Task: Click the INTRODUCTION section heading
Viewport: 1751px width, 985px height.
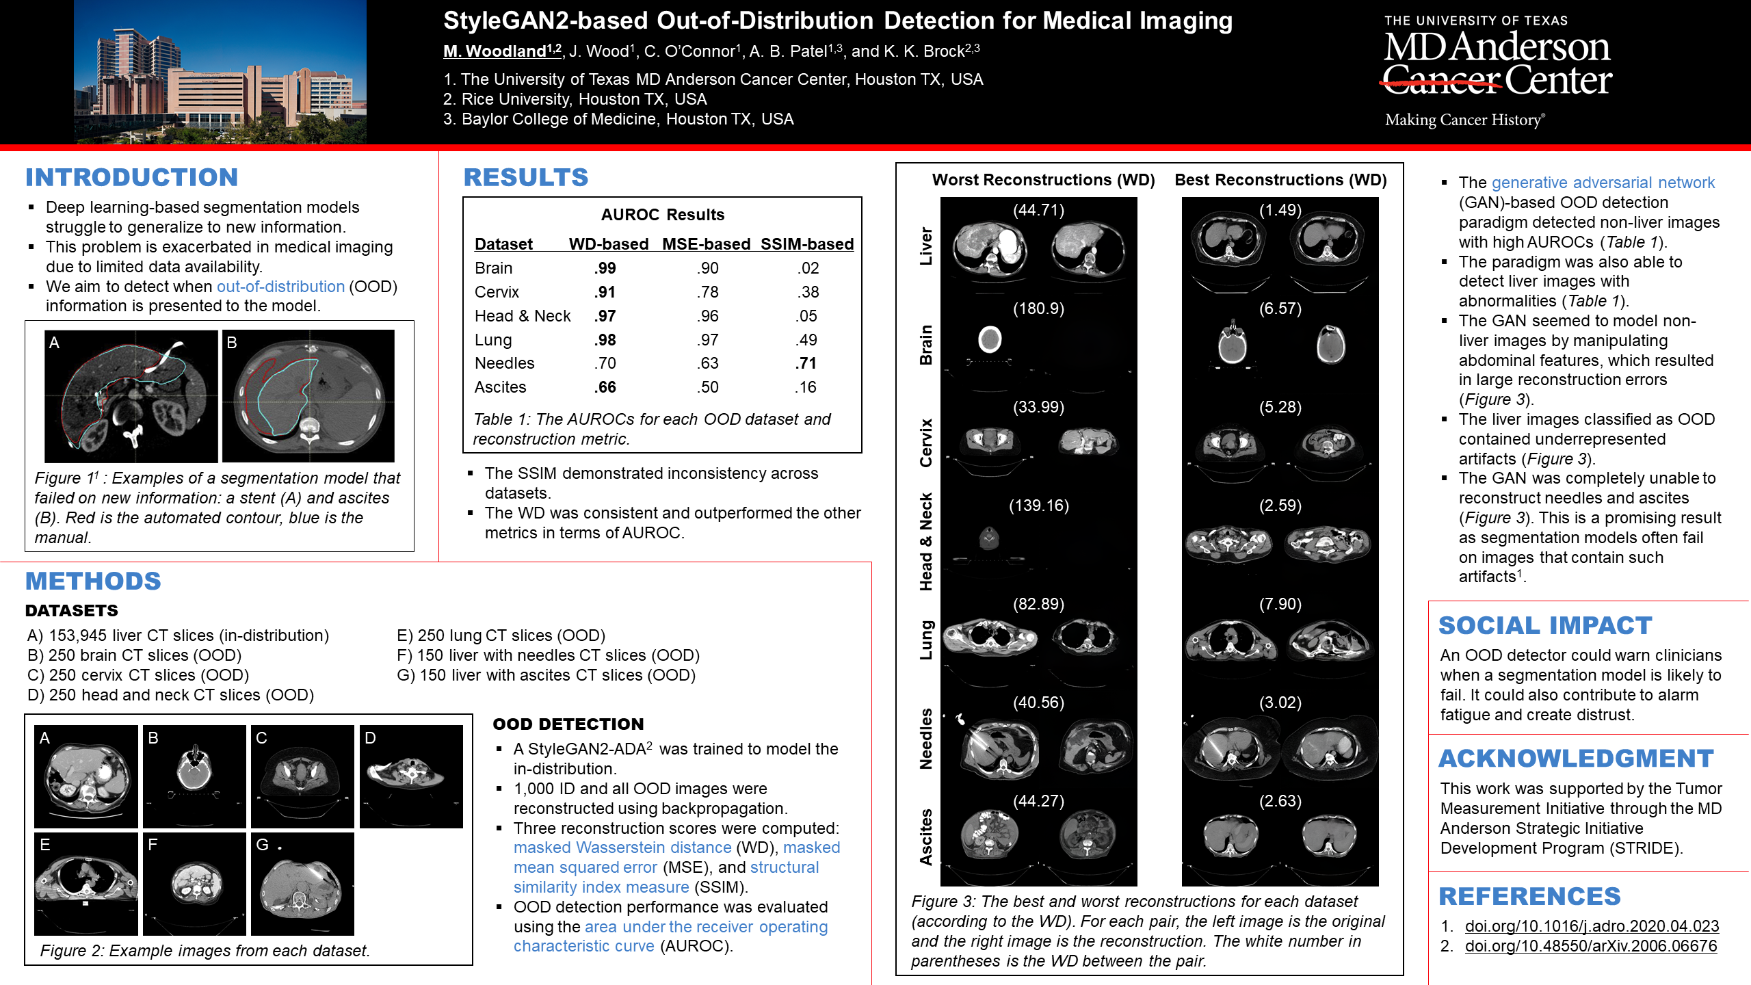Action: coord(131,177)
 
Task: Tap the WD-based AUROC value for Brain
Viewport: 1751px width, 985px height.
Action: coord(605,268)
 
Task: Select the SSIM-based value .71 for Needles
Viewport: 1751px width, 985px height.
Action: coord(806,363)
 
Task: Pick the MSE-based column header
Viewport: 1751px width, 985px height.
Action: coord(706,244)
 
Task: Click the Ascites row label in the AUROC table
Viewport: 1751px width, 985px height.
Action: coord(500,387)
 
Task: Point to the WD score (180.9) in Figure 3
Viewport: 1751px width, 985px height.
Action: coord(1038,308)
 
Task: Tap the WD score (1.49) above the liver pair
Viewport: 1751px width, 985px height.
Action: coord(1280,210)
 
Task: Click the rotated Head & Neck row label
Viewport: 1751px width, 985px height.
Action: coord(925,541)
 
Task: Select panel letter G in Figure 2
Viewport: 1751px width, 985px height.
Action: coord(262,845)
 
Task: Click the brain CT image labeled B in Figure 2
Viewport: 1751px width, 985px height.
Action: coord(194,777)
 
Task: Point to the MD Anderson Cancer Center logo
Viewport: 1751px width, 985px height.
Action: coord(1497,72)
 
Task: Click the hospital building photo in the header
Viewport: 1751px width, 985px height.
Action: coord(220,72)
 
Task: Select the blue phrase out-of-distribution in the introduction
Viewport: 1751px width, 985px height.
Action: coord(280,287)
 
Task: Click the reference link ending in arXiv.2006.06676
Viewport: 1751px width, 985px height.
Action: coord(1590,946)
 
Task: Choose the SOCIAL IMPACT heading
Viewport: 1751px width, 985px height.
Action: coord(1544,625)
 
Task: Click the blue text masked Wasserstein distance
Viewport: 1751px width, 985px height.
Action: coord(622,848)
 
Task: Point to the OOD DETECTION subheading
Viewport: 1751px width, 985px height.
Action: coord(568,724)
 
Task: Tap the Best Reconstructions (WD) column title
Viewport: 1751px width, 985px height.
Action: coord(1280,180)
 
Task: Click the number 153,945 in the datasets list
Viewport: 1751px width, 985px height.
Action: coord(77,635)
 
